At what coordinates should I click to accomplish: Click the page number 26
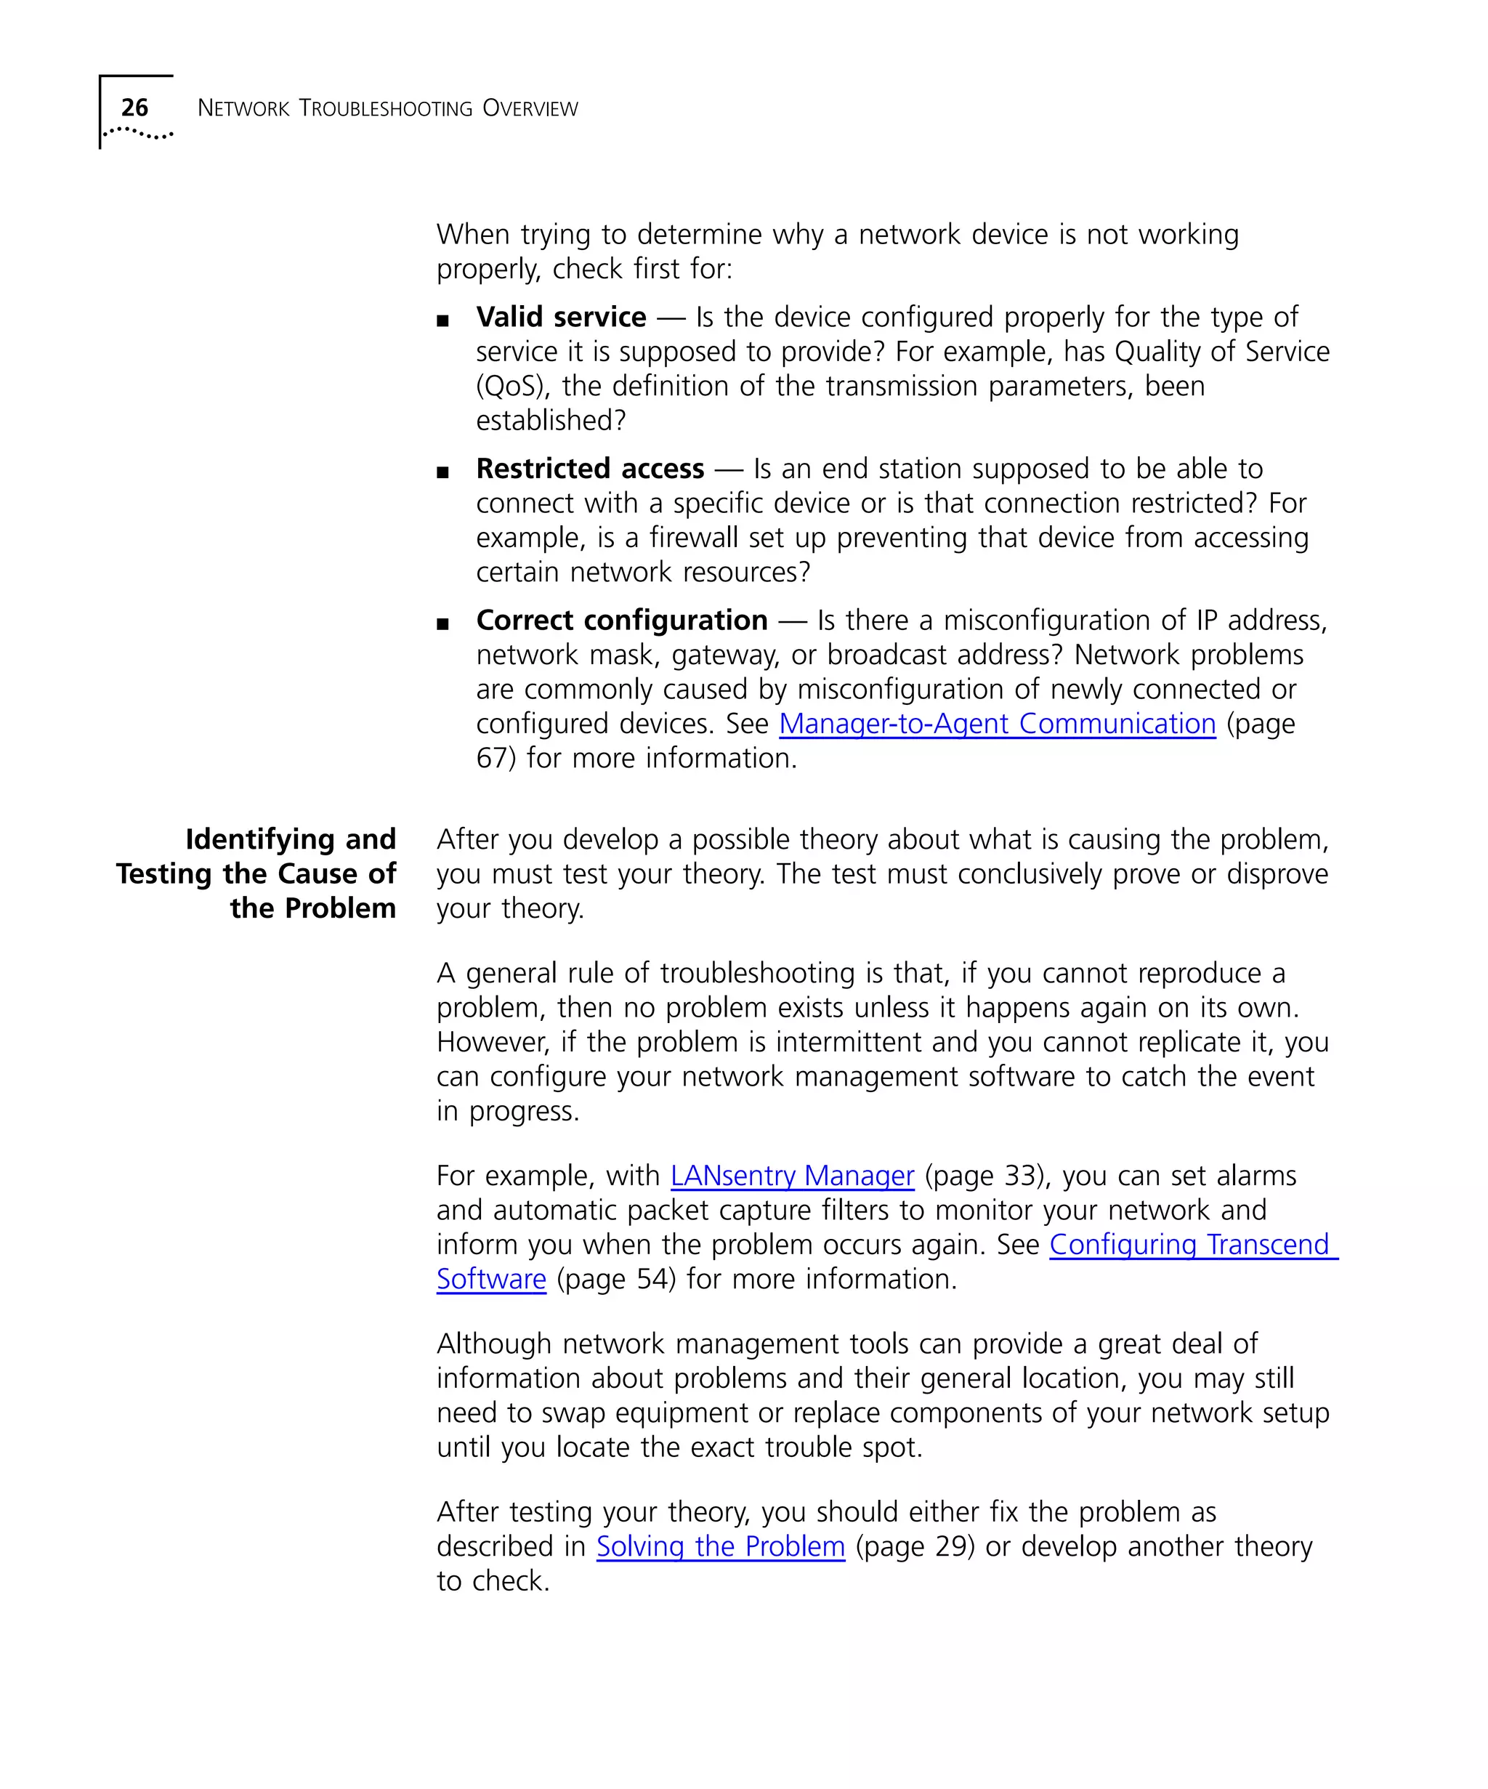(134, 108)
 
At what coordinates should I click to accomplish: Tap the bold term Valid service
(560, 317)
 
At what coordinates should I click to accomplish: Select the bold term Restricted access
(589, 469)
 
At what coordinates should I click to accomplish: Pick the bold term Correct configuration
(621, 620)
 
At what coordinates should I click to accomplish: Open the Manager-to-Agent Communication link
(997, 724)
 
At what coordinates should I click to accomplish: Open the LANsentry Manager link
(791, 1176)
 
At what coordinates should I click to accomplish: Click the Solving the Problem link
(720, 1546)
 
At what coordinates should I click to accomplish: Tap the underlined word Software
(490, 1280)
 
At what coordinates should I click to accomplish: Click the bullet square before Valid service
(442, 321)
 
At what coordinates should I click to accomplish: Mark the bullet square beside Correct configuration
(442, 624)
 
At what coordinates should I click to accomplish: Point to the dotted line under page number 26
(138, 133)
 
